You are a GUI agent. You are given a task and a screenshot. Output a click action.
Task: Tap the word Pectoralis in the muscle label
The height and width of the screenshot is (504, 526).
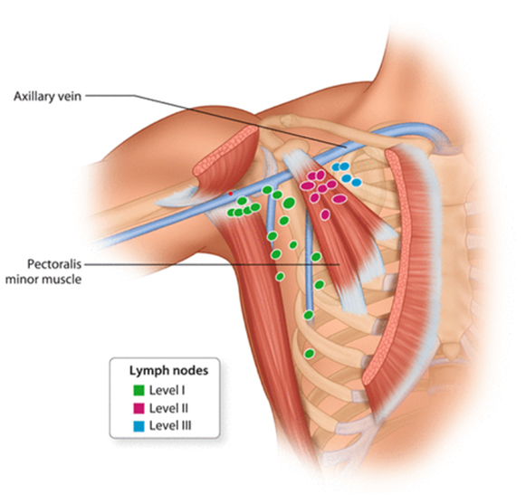(54, 264)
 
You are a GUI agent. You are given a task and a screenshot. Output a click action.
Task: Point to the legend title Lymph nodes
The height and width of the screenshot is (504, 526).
(168, 371)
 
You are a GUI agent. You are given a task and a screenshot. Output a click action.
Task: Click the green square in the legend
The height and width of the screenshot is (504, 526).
(139, 390)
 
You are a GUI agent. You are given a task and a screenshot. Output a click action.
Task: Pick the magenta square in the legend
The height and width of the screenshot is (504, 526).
(139, 408)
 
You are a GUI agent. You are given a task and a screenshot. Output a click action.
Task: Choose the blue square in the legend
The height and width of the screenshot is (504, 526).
(139, 426)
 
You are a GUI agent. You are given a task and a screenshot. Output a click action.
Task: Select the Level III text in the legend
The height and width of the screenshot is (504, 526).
(170, 426)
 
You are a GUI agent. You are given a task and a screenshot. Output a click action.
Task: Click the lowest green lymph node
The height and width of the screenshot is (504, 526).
(310, 354)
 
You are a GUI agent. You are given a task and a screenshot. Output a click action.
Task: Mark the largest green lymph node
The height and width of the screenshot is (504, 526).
(289, 203)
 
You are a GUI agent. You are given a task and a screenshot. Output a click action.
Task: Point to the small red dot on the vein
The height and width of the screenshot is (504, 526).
(231, 194)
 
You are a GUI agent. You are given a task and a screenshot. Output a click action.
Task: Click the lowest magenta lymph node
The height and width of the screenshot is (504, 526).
(325, 214)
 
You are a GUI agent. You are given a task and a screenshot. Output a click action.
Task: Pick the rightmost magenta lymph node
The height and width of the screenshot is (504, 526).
(340, 199)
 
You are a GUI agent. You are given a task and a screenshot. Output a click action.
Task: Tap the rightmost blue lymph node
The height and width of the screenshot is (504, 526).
(357, 183)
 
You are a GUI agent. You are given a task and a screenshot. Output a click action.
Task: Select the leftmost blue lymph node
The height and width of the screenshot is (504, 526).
(336, 166)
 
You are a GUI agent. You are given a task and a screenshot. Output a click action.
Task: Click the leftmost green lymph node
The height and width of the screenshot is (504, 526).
(231, 212)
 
